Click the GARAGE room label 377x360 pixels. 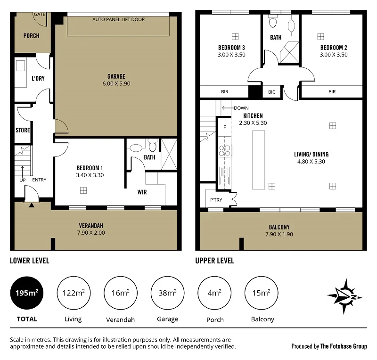tap(116, 76)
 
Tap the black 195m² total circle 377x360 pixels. tap(26, 293)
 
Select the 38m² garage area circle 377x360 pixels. tap(168, 293)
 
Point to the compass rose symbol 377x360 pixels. tap(345, 296)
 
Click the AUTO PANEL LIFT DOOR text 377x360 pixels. tap(118, 20)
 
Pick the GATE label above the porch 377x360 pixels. tap(40, 15)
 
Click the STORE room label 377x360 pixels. tap(23, 130)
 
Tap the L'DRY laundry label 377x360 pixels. tap(38, 78)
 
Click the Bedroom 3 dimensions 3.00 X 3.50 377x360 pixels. tap(231, 55)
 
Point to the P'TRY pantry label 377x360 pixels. tap(216, 200)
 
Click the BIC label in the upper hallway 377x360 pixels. tap(271, 92)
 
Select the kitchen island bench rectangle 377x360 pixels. tap(259, 160)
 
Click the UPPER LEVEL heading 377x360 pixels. tap(215, 261)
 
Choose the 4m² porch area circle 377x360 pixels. tap(215, 293)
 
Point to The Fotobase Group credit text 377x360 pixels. tap(343, 346)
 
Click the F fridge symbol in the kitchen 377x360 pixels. tap(225, 127)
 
